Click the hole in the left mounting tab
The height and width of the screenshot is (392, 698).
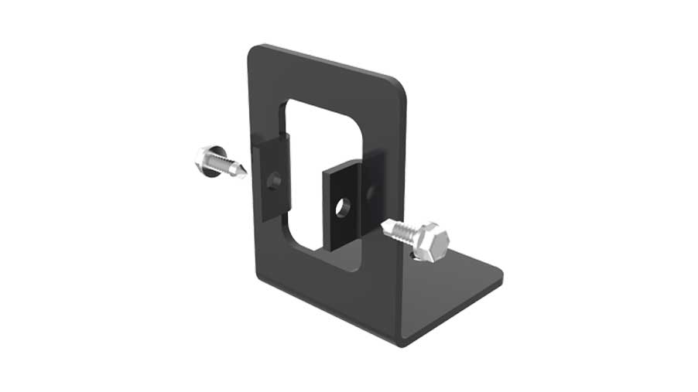tap(273, 181)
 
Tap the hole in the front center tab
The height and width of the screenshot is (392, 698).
tap(342, 206)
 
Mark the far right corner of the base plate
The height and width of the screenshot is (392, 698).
tap(501, 274)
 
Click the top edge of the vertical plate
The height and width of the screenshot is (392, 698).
tap(325, 62)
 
